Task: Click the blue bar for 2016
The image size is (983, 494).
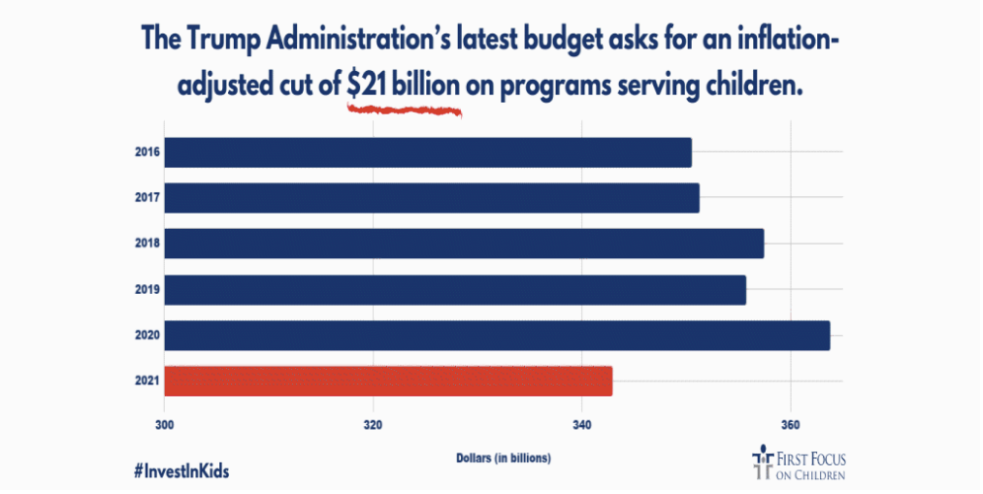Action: click(x=427, y=153)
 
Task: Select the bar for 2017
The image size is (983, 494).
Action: click(x=431, y=198)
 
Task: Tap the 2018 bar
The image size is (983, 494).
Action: click(x=464, y=244)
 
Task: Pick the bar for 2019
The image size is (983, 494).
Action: click(x=455, y=290)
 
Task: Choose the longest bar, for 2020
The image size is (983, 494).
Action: click(x=496, y=335)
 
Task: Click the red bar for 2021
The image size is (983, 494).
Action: click(x=388, y=381)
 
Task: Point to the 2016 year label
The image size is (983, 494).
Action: click(x=147, y=153)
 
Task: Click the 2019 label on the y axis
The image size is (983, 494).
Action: click(x=147, y=290)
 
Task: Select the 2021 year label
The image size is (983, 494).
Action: click(x=147, y=381)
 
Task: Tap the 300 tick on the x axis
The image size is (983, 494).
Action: click(x=165, y=425)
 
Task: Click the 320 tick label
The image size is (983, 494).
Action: click(x=373, y=425)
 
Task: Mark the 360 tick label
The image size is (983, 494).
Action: click(x=790, y=425)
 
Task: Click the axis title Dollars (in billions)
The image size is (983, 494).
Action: click(x=503, y=459)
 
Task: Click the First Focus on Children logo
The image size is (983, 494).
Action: click(x=799, y=464)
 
